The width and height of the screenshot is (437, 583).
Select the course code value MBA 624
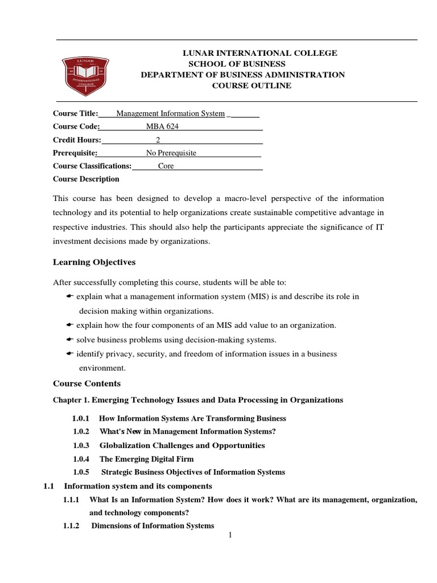[x=163, y=126]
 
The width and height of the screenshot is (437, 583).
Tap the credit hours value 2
[x=158, y=140]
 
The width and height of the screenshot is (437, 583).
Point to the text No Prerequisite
[x=171, y=153]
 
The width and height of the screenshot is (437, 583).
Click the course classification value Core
[x=166, y=166]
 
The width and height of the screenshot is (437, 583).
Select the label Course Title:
[x=76, y=113]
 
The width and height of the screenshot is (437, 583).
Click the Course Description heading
[x=86, y=179]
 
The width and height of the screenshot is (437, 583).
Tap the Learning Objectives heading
[x=94, y=262]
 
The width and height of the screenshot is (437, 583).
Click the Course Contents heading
[x=86, y=383]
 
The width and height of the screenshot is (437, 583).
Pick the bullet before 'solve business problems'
[x=71, y=339]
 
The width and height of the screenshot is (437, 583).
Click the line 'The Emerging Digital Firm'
[x=147, y=459]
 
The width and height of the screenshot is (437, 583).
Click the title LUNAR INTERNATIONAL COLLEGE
[x=259, y=53]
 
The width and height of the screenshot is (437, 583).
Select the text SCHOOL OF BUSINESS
[x=237, y=64]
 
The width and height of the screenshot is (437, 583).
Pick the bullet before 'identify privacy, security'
[x=71, y=354]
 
